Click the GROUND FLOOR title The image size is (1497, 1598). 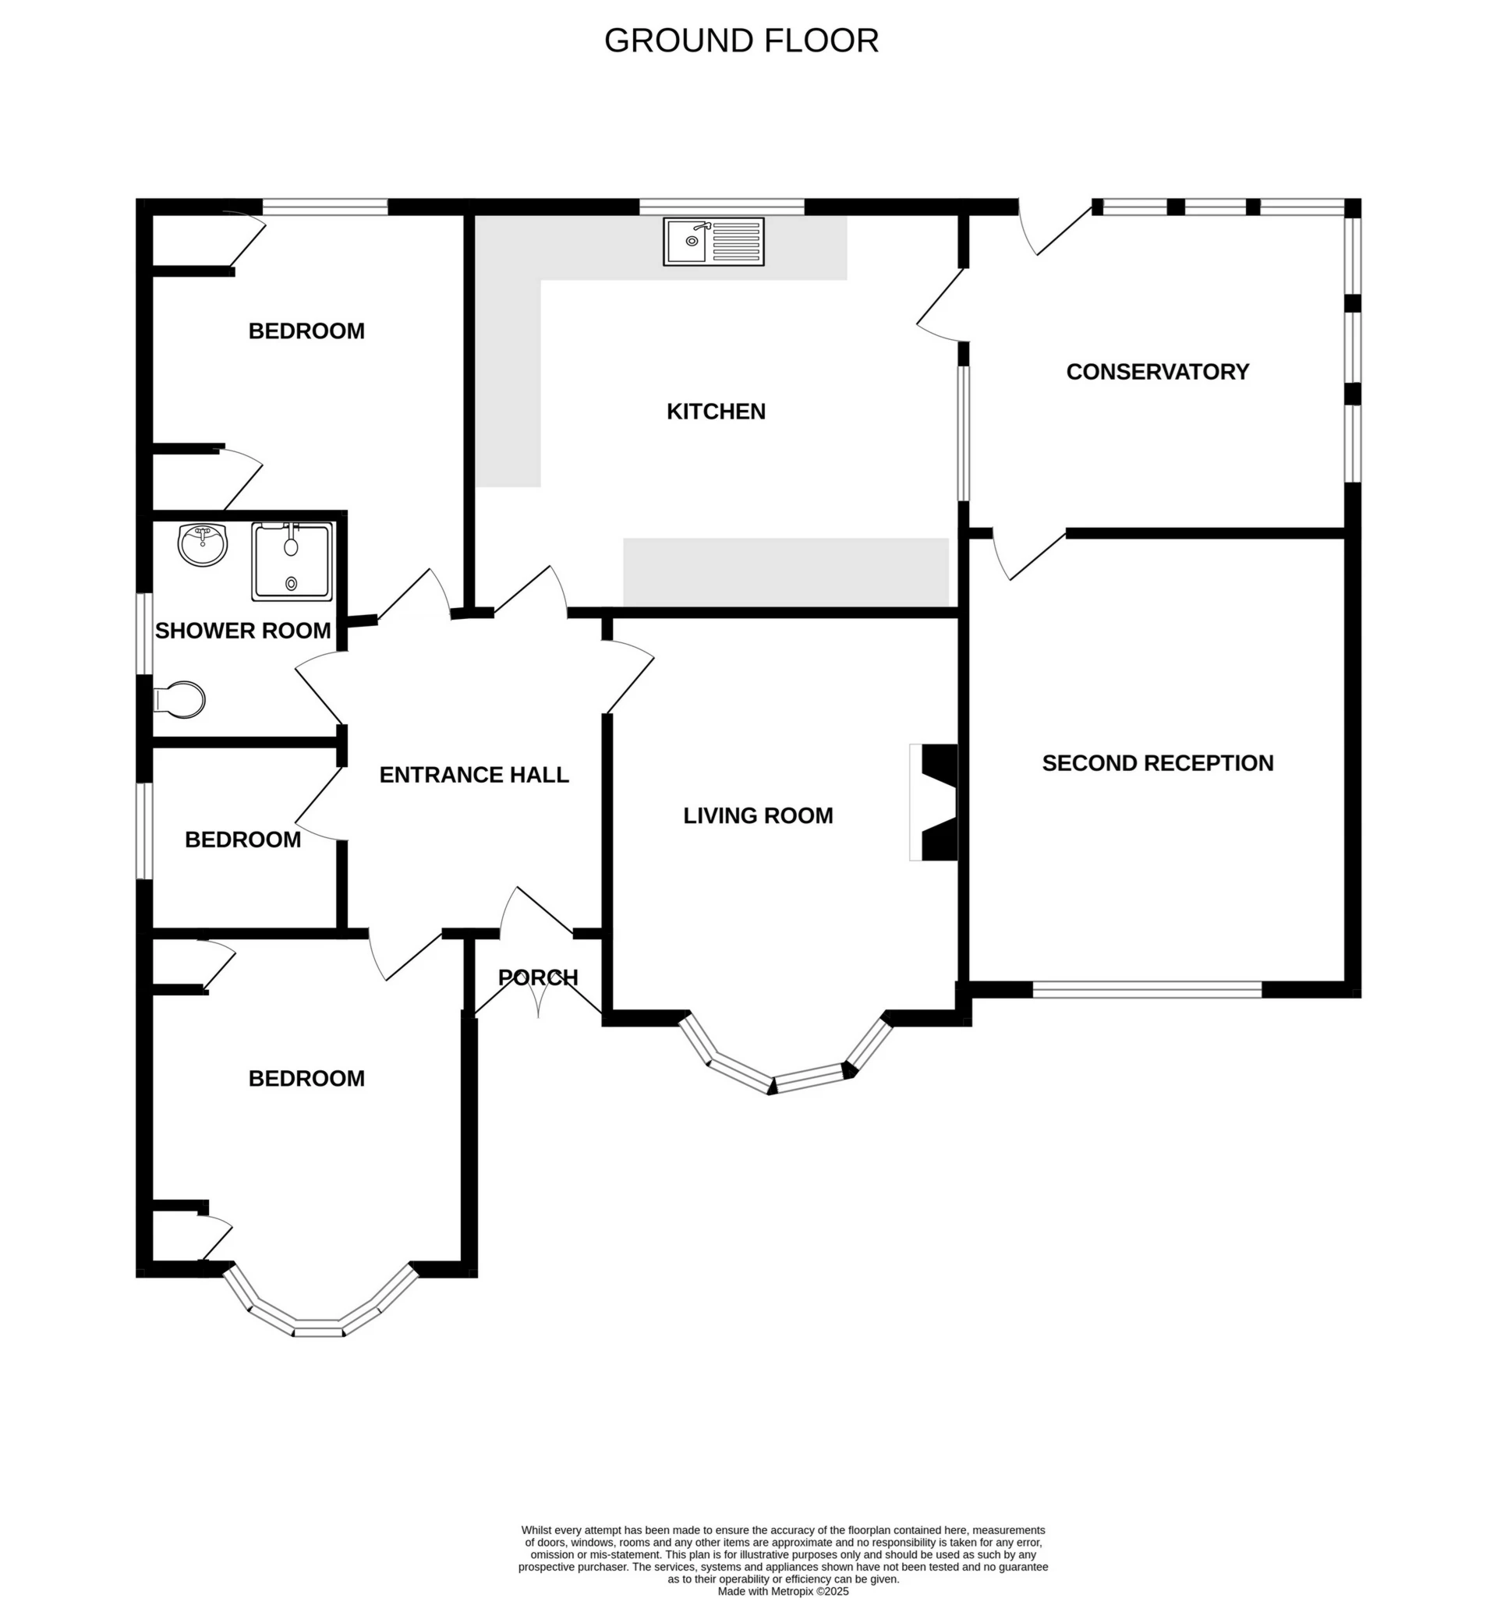(741, 41)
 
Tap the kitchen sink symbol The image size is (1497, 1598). (713, 241)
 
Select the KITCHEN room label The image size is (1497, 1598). (716, 412)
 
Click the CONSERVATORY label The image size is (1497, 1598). (1157, 371)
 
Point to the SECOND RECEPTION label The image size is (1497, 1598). (1157, 763)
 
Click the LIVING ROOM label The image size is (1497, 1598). (757, 815)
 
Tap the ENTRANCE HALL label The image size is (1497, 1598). (473, 775)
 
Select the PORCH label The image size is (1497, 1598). (538, 978)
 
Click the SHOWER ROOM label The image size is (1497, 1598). (242, 631)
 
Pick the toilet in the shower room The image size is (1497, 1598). (181, 699)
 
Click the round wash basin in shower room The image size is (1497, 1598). (203, 544)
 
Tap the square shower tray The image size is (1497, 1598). (291, 561)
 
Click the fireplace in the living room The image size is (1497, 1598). (935, 802)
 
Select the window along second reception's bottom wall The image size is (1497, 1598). (1146, 989)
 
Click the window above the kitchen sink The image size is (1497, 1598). (721, 207)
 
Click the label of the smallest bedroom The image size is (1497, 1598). (242, 840)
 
